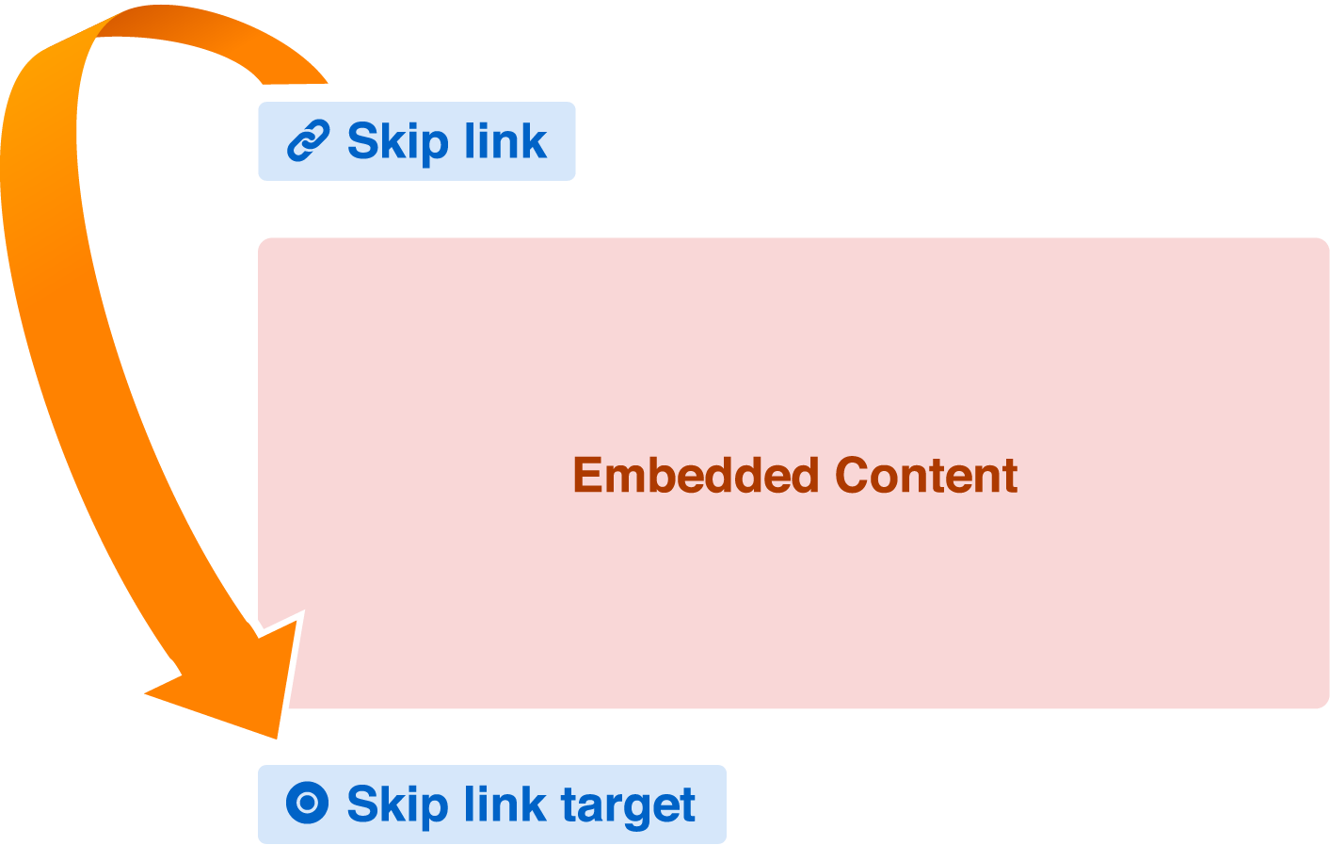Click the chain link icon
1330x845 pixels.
[x=308, y=141]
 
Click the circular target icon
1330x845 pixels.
[x=307, y=804]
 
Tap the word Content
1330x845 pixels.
[x=926, y=475]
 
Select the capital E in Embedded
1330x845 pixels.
[x=587, y=475]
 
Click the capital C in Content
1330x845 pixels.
[x=853, y=475]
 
